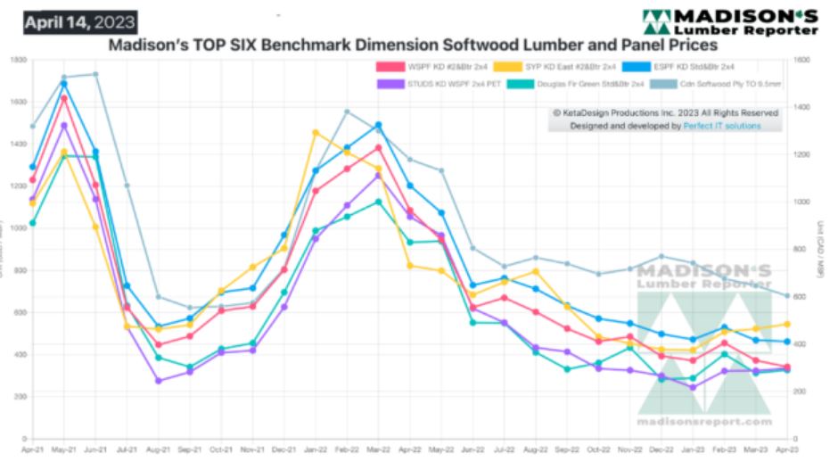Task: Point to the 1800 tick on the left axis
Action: (x=18, y=60)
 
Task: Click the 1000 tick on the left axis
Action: (x=18, y=228)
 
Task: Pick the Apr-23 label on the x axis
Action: (x=786, y=451)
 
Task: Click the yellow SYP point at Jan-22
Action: (x=315, y=133)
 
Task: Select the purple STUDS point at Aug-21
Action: (x=158, y=381)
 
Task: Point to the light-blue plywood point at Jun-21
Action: (x=95, y=74)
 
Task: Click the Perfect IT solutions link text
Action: (x=722, y=127)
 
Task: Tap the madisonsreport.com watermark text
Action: (x=704, y=422)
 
